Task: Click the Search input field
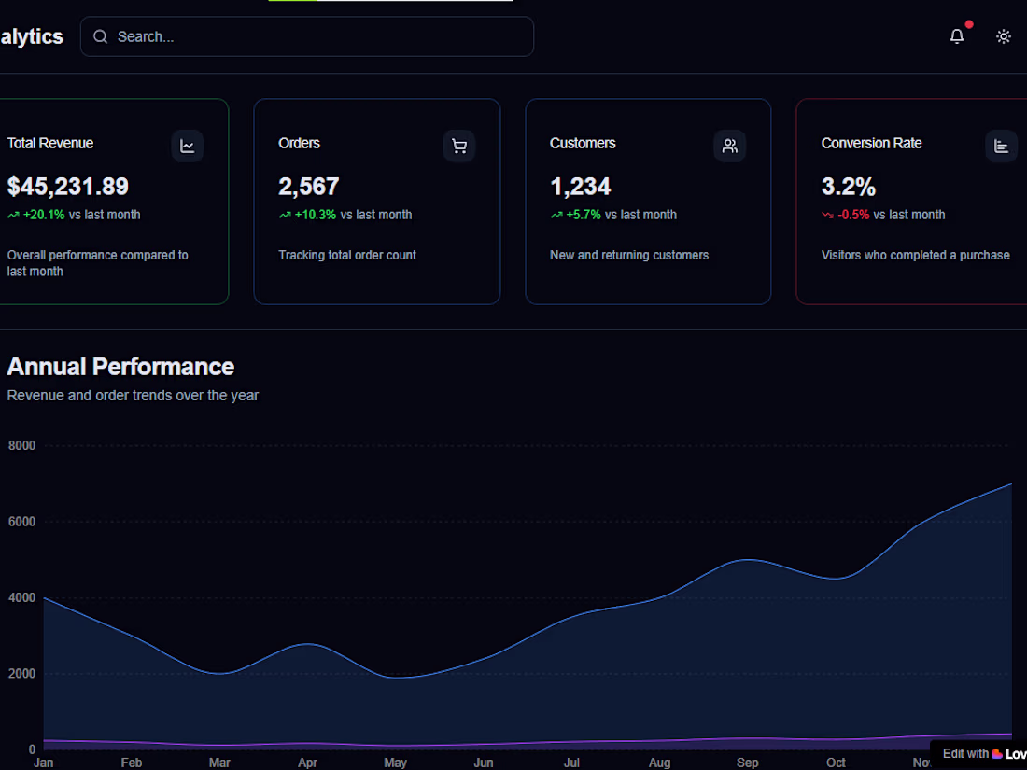click(x=308, y=37)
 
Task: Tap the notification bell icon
click(x=957, y=36)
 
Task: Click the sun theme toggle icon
click(x=1004, y=36)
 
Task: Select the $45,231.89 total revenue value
click(x=68, y=187)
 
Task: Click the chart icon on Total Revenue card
click(x=188, y=146)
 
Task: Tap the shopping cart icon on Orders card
click(x=459, y=146)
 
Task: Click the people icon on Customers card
click(x=730, y=146)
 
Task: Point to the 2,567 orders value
click(x=309, y=187)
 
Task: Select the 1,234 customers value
click(x=581, y=187)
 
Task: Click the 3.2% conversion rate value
click(x=849, y=187)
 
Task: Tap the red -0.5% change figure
click(x=853, y=215)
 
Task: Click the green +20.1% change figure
click(x=44, y=215)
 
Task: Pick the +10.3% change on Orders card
click(x=316, y=215)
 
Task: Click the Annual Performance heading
click(x=120, y=367)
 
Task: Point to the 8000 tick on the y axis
click(x=21, y=446)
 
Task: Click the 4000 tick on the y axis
click(x=21, y=597)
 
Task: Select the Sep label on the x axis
click(x=748, y=763)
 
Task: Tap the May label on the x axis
click(x=396, y=763)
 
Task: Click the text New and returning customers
click(x=629, y=255)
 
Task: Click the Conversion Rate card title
click(x=871, y=143)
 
